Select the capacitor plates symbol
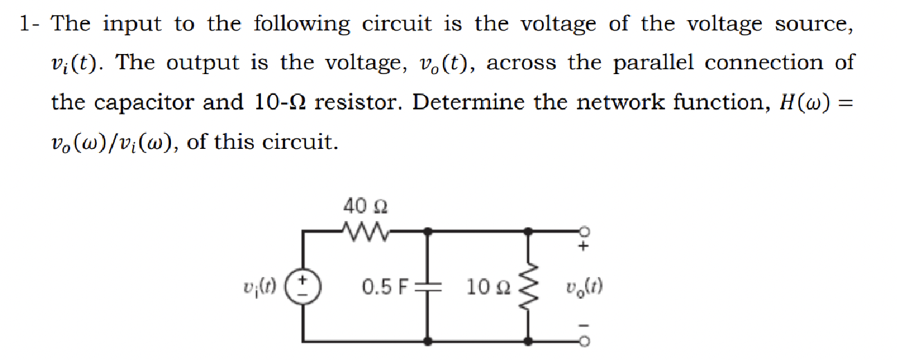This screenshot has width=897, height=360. [x=430, y=285]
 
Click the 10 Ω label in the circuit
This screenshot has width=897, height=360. [x=487, y=286]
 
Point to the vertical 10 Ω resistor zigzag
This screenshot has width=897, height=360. [x=529, y=285]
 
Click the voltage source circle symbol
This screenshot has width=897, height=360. [x=304, y=285]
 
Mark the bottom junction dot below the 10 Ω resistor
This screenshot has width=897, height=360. [x=529, y=341]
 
